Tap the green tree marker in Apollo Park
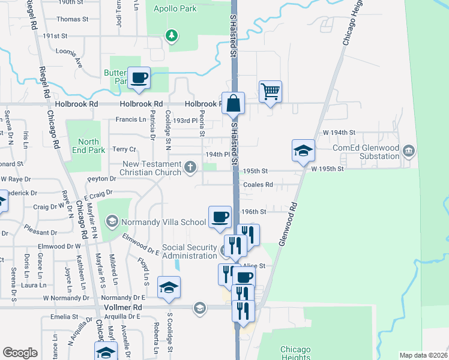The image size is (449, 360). [x=172, y=35]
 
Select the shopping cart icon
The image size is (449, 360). [x=270, y=92]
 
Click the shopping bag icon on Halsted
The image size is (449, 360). [x=233, y=103]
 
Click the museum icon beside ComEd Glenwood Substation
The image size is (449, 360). [x=409, y=149]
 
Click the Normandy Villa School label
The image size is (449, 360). [x=164, y=222]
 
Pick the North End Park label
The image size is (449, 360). [x=88, y=146]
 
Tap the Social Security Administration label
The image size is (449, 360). [x=189, y=251]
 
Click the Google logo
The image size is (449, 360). [x=20, y=353]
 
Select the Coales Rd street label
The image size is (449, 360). [x=258, y=185]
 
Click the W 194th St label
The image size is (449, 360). [x=339, y=132]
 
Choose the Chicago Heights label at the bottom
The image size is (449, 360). [x=296, y=353]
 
